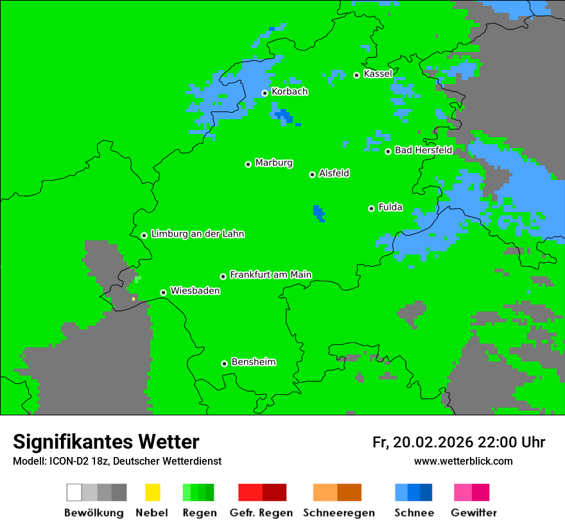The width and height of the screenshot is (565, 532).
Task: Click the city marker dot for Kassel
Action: click(x=356, y=75)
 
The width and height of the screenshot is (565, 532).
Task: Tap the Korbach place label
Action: click(x=290, y=92)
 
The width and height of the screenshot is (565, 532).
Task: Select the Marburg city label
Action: click(x=274, y=163)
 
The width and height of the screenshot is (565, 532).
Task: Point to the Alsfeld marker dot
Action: click(x=312, y=174)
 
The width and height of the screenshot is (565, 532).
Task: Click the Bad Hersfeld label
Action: click(x=423, y=150)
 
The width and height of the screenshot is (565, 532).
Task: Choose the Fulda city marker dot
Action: click(x=371, y=208)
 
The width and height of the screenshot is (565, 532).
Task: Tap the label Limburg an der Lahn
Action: click(x=198, y=234)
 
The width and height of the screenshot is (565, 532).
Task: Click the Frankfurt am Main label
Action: click(x=270, y=274)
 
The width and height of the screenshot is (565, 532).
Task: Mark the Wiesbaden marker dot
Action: click(x=163, y=292)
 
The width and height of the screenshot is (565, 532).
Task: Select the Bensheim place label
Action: click(x=253, y=362)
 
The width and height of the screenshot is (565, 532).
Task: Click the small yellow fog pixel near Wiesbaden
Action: click(x=134, y=299)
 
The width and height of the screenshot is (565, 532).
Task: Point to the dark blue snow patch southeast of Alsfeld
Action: click(x=318, y=213)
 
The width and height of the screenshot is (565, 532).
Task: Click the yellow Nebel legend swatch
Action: click(x=152, y=492)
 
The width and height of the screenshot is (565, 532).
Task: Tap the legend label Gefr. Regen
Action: click(x=261, y=513)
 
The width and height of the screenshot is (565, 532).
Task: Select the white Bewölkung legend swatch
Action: click(x=74, y=492)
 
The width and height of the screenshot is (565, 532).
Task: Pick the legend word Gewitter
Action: click(x=473, y=513)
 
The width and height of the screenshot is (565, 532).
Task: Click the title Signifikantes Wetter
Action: click(x=106, y=442)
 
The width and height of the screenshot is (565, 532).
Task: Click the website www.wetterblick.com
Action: click(x=463, y=461)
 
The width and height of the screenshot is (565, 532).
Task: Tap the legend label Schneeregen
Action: click(x=338, y=513)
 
